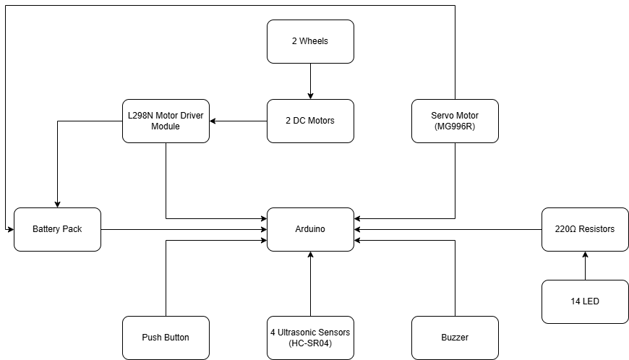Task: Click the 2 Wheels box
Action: [x=310, y=41]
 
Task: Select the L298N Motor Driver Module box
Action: [x=166, y=121]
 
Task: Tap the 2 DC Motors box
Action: [x=310, y=121]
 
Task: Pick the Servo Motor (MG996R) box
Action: [x=455, y=121]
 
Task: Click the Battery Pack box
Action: [x=57, y=229]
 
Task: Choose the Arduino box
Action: [x=310, y=229]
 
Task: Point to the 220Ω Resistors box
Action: [x=585, y=229]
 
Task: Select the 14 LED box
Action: [x=585, y=301]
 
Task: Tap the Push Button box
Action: [x=166, y=338]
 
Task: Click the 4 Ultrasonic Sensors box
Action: [x=310, y=338]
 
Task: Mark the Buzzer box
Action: [x=455, y=338]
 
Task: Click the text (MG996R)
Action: [x=455, y=127]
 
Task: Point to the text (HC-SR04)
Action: [x=310, y=343]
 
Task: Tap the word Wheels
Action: [x=314, y=41]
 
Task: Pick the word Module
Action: [x=166, y=127]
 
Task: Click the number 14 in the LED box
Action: [x=576, y=301]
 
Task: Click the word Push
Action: [x=153, y=338]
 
